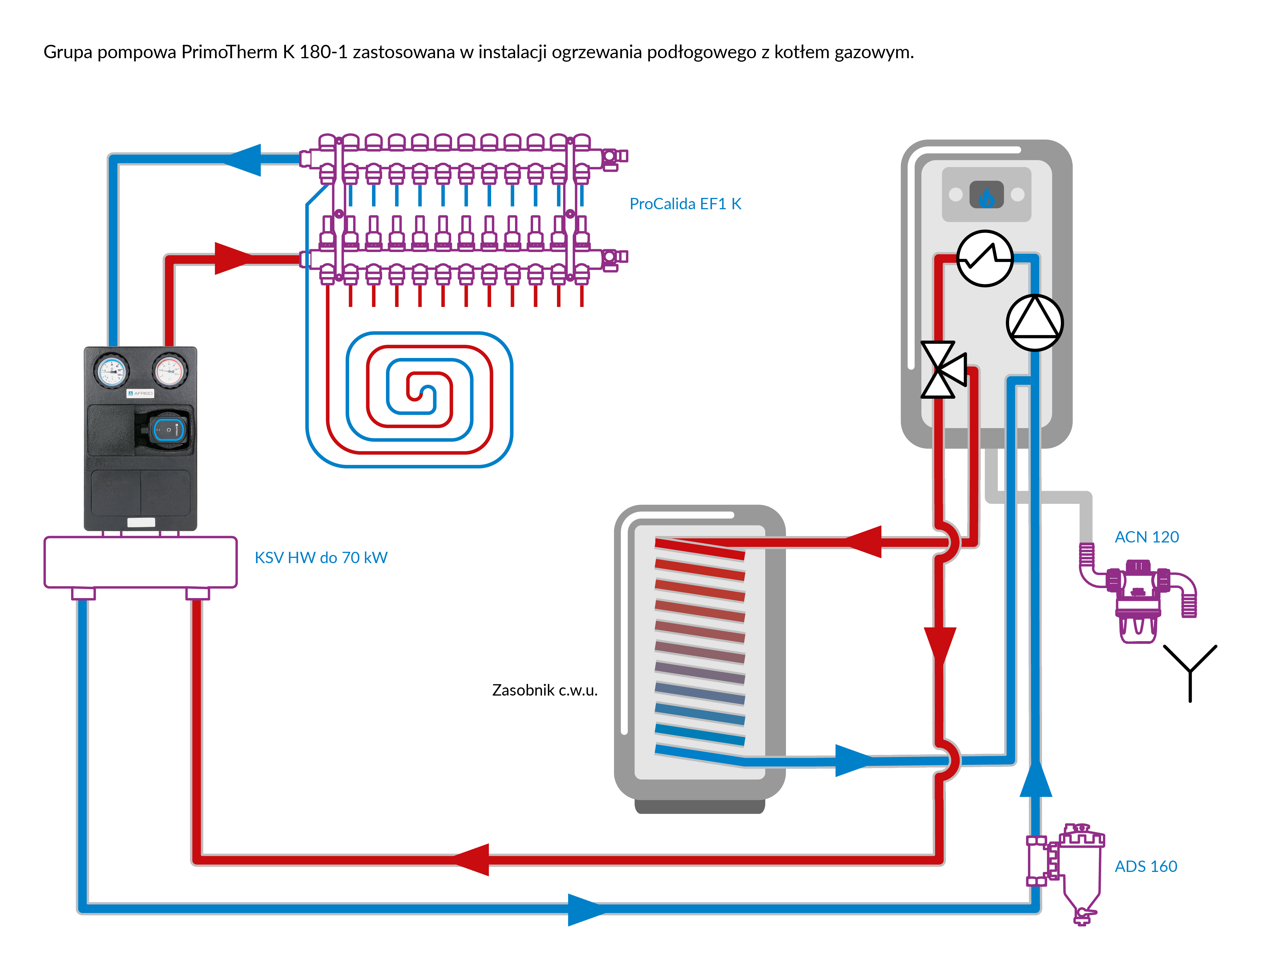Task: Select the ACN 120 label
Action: tap(1147, 537)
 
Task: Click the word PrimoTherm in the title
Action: tap(230, 52)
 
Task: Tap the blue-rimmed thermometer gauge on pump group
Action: tap(112, 371)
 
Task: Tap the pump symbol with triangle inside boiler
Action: tap(1034, 323)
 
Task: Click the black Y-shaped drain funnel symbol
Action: tap(1190, 670)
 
